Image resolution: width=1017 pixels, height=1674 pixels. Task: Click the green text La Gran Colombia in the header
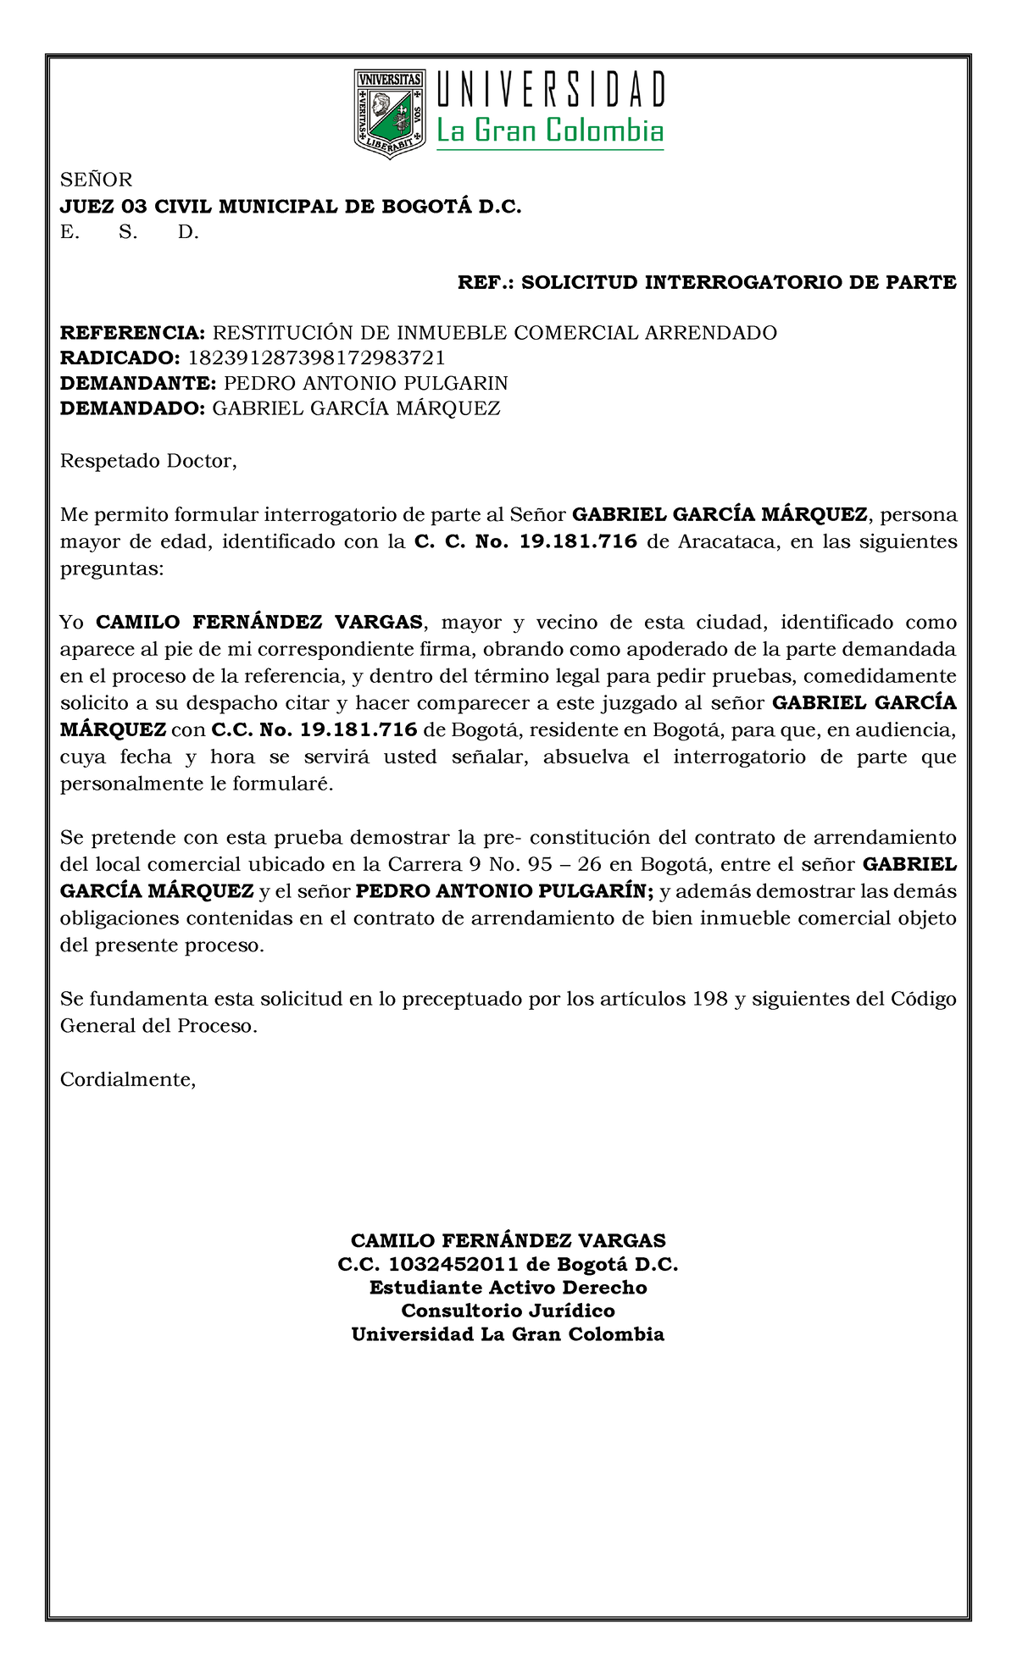point(549,131)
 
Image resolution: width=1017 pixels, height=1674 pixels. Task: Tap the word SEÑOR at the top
point(96,180)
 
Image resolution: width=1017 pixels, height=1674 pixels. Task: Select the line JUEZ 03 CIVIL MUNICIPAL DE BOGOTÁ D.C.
point(291,207)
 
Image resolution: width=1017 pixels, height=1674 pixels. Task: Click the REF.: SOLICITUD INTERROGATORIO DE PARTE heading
point(707,283)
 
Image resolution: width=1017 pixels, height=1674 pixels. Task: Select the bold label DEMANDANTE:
point(138,383)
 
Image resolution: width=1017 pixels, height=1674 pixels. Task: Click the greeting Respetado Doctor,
point(148,462)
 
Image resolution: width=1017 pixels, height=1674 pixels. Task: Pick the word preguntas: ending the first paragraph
point(110,568)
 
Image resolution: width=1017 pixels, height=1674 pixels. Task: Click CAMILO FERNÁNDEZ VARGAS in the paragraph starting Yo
point(258,623)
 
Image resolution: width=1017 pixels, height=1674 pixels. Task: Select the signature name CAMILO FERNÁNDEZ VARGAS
point(508,1241)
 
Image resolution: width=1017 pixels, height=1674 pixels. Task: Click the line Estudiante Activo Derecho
point(508,1288)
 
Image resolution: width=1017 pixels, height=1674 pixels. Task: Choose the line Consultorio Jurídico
point(508,1311)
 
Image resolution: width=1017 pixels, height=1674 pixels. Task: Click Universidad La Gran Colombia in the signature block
point(508,1335)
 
